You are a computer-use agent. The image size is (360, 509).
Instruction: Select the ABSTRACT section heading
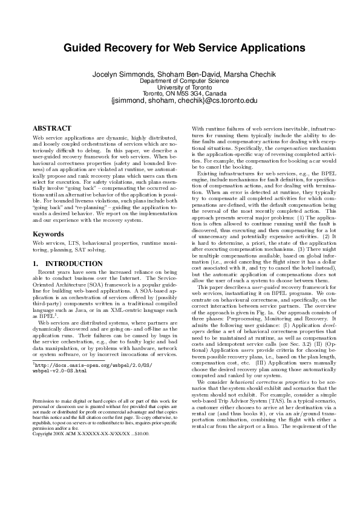(51, 128)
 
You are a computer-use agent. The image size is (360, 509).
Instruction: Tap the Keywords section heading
(48, 233)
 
